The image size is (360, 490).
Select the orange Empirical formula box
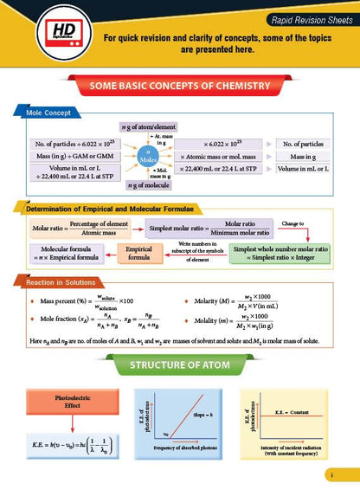(145, 253)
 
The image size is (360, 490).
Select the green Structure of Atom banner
(179, 364)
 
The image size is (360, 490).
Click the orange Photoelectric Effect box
(65, 403)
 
